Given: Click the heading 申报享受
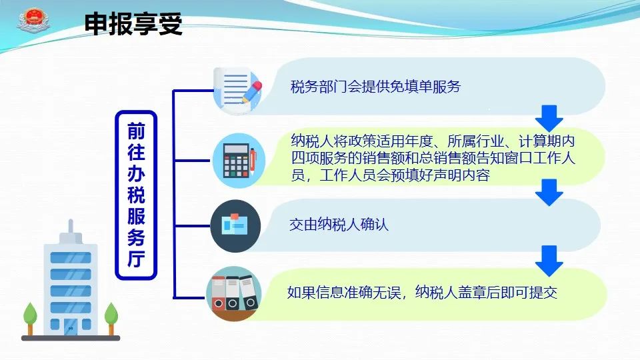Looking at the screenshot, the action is [133, 24].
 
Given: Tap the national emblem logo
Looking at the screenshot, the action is [33, 21].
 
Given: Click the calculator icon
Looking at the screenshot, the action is [239, 161].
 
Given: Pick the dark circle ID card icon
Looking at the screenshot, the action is [235, 226].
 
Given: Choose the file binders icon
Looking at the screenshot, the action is [234, 294].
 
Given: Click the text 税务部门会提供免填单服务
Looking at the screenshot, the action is [375, 87].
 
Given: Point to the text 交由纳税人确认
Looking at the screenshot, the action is [339, 225].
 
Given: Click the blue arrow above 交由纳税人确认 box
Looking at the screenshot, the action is [549, 192].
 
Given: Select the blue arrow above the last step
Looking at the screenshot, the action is [549, 261].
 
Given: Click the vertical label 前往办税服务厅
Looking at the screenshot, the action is [136, 195].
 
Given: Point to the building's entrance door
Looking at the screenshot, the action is [71, 327].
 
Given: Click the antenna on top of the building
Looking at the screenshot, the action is [71, 227].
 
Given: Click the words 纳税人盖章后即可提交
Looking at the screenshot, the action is [486, 293].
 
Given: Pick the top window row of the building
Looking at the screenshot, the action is [71, 257].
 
